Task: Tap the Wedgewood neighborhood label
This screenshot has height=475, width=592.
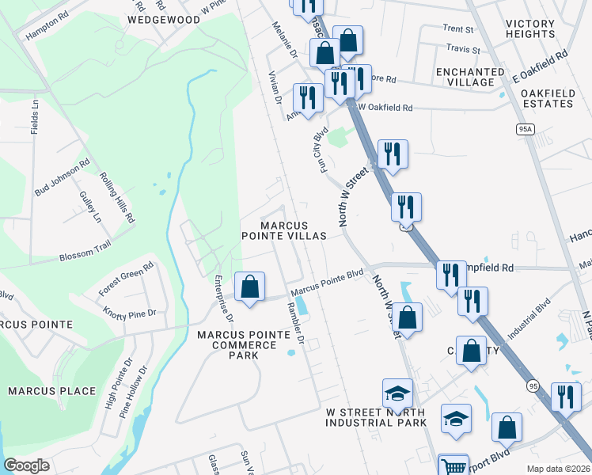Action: click(164, 19)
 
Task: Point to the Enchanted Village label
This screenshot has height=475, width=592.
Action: click(470, 77)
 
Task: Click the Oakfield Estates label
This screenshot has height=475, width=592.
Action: click(548, 98)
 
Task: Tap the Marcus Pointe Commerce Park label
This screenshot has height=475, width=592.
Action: click(244, 345)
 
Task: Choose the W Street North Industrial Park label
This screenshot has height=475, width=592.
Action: click(376, 418)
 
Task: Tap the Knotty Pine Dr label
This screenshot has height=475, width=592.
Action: click(131, 314)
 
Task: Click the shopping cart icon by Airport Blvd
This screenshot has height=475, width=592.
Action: click(453, 466)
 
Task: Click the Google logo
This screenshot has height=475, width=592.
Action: click(27, 465)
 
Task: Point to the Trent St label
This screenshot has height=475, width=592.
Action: click(458, 29)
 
